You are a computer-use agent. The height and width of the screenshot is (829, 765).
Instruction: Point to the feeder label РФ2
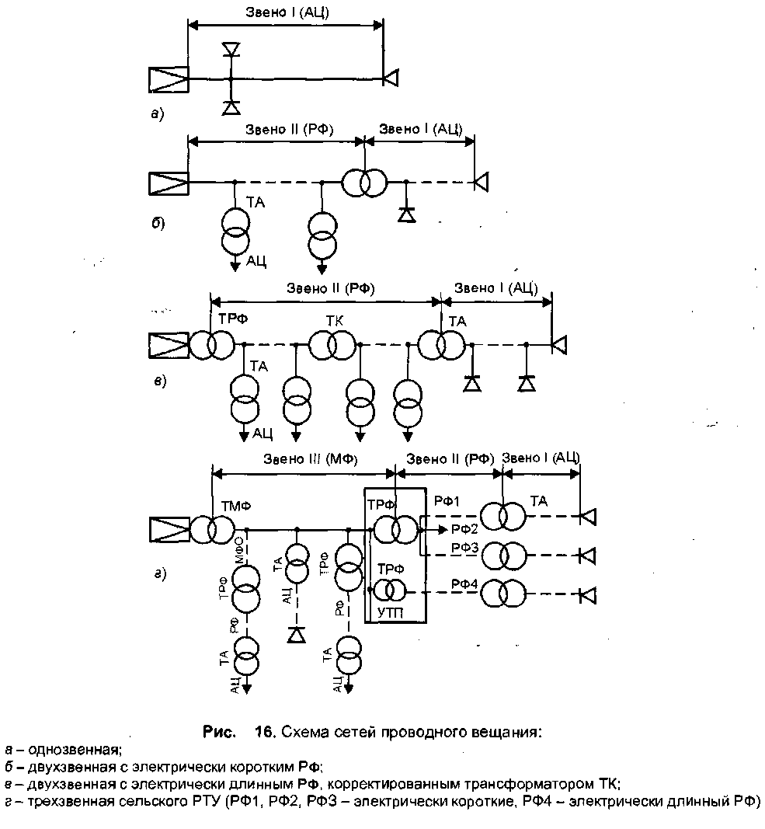464,530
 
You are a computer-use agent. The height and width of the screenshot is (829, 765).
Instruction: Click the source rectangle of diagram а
169,78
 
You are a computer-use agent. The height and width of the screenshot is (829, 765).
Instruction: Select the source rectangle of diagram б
169,183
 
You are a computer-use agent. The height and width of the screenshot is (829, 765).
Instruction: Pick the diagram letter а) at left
158,114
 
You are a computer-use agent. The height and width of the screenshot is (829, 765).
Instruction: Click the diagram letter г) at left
158,574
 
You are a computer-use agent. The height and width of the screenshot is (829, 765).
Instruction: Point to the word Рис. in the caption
218,731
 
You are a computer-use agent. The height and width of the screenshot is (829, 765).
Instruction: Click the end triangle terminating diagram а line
391,78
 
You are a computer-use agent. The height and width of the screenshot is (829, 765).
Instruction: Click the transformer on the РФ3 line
502,555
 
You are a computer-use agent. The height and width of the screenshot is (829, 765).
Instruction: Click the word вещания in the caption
505,732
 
